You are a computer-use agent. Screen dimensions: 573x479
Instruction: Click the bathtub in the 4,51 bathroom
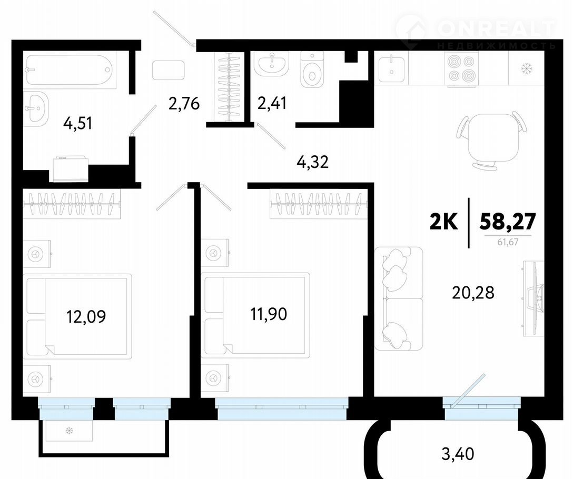pos(70,70)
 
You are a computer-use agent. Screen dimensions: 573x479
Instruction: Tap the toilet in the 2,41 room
pos(312,69)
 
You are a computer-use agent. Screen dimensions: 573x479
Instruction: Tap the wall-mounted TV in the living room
pos(533,298)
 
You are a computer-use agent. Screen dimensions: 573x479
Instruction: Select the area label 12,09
pos(86,316)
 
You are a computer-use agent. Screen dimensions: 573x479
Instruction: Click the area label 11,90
pos(269,314)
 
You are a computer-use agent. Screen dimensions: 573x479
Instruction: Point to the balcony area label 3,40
pos(458,454)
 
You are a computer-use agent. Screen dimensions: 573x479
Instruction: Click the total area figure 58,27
pos(508,221)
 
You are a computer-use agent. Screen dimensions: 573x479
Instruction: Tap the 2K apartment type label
pos(443,222)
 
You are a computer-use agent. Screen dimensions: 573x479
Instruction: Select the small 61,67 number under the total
pos(508,242)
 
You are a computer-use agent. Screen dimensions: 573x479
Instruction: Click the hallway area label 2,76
pos(184,103)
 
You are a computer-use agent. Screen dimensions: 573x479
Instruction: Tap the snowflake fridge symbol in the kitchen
pos(527,68)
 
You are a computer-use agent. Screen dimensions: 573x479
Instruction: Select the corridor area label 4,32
pos(312,162)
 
